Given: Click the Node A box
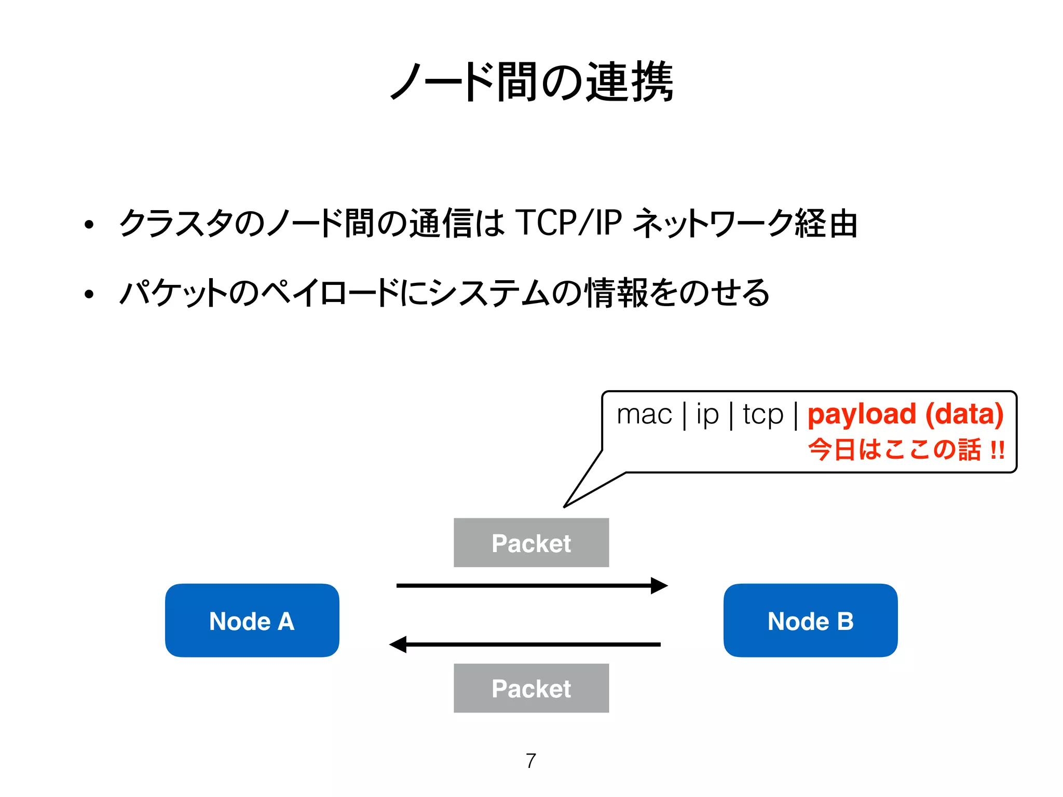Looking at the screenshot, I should tap(252, 621).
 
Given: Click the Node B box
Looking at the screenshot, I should tap(810, 621).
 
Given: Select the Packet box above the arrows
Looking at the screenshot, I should tap(531, 543).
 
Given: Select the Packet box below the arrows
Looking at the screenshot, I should tap(531, 688).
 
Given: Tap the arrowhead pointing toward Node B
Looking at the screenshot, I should tap(659, 585).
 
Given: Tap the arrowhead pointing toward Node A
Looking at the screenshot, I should tap(398, 644).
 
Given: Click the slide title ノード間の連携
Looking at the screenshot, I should tap(531, 82).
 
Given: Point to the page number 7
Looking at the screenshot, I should tap(530, 761).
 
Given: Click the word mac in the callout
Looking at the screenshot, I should tap(644, 415).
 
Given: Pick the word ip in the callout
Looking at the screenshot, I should tap(707, 415).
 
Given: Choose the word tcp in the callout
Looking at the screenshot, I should tap(762, 415).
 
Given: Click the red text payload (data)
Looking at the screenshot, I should tap(905, 415).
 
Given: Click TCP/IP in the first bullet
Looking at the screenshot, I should tap(568, 223).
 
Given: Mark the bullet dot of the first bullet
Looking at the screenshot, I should tap(89, 225).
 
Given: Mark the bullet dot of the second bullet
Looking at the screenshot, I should tap(89, 294).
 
